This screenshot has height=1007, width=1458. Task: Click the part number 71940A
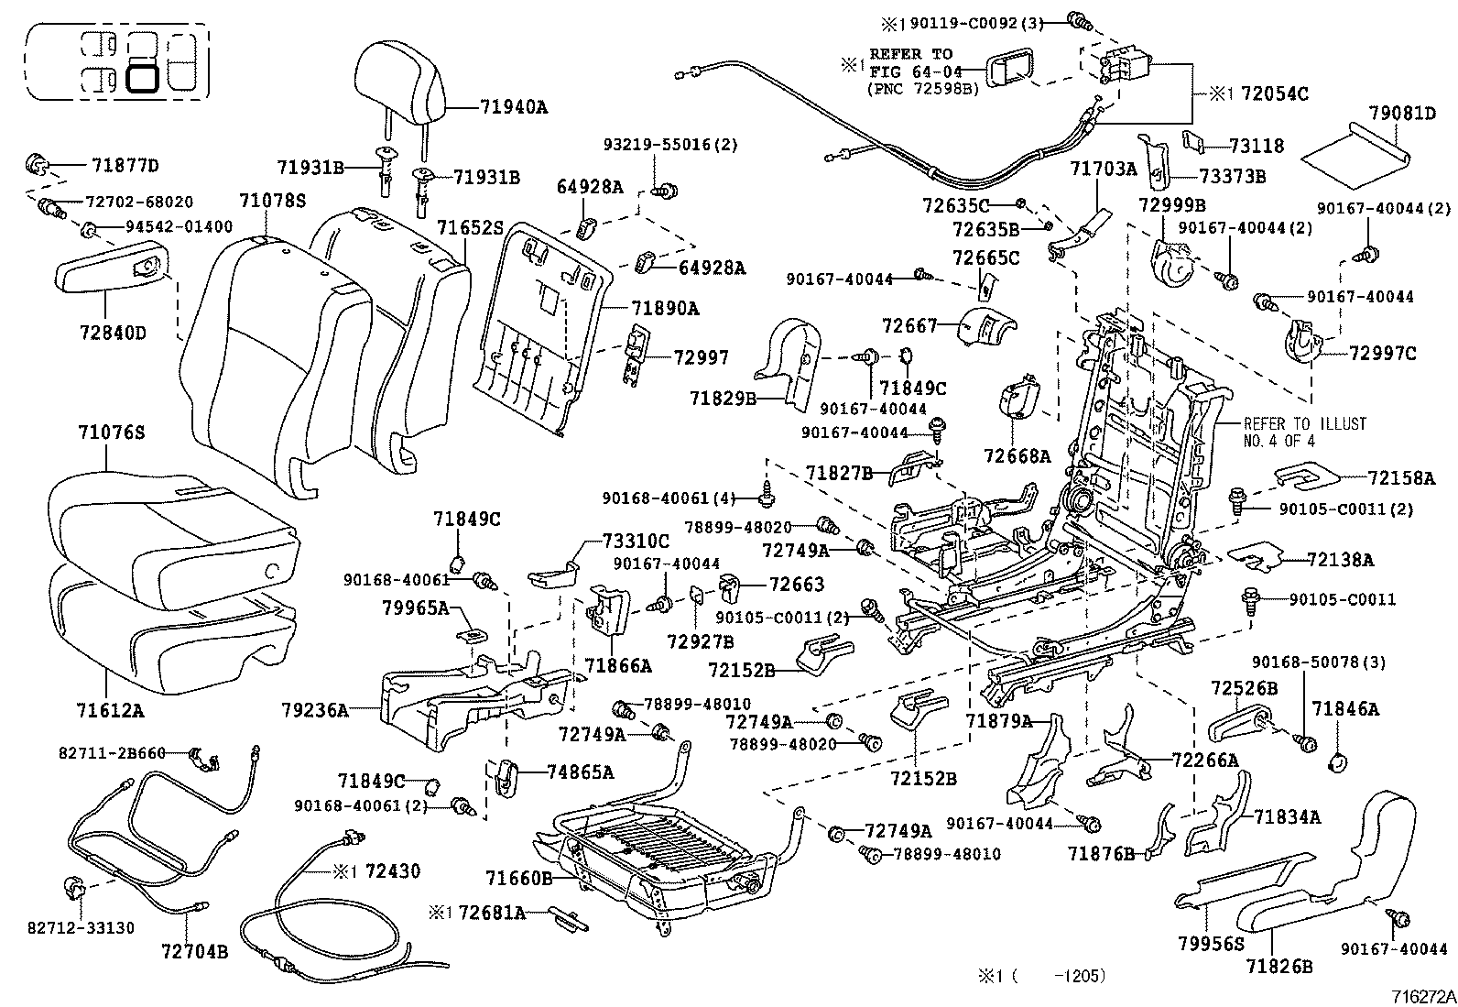[513, 107]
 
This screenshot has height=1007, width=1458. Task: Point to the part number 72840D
[114, 333]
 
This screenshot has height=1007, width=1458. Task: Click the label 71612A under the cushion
[111, 709]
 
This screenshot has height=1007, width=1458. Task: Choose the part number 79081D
[1402, 114]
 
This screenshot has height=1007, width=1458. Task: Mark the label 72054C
[1274, 93]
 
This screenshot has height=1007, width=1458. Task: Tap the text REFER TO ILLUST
[1304, 424]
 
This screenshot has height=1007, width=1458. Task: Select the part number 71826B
[1279, 966]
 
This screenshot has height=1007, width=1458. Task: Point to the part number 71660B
[519, 879]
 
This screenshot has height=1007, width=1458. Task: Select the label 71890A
[665, 309]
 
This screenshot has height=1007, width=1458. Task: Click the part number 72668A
[1017, 455]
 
